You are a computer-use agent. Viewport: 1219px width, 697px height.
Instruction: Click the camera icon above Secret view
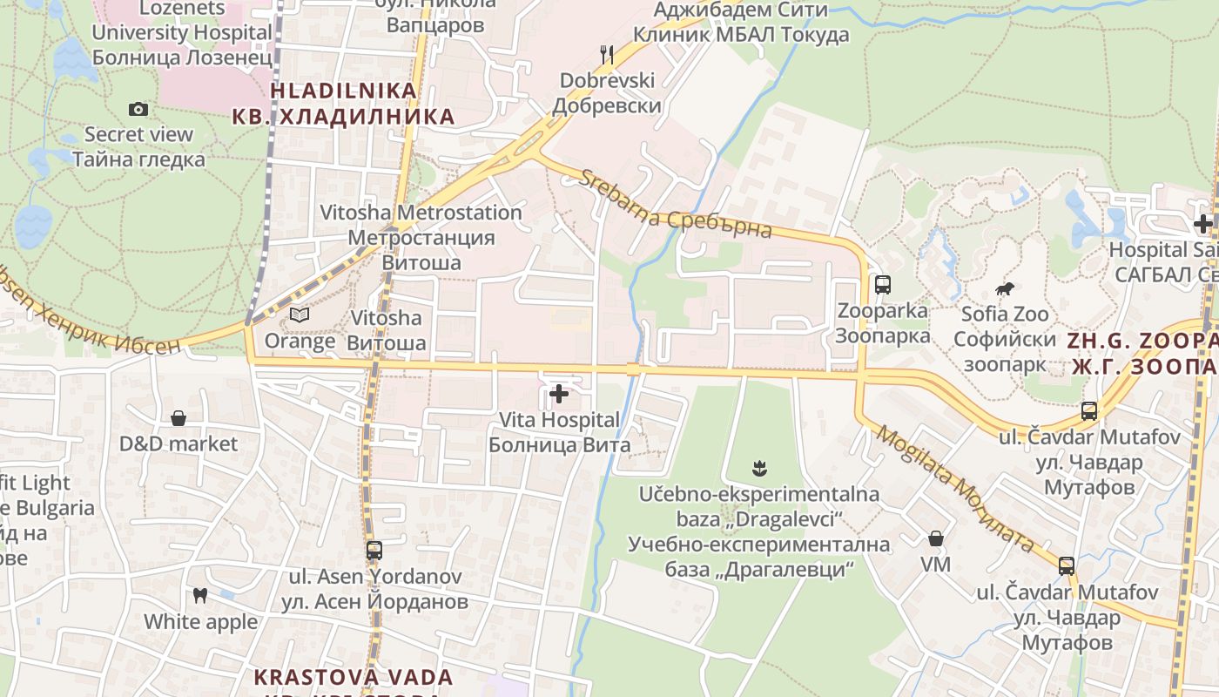(138, 110)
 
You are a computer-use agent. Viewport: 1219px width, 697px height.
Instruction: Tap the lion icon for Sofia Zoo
(1006, 288)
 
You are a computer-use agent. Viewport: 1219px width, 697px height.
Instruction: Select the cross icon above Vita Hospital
(559, 395)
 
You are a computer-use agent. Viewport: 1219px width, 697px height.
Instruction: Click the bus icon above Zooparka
(883, 284)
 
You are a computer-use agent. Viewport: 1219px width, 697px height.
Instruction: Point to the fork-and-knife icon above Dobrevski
(607, 55)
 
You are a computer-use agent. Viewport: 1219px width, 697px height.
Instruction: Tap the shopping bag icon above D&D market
(178, 419)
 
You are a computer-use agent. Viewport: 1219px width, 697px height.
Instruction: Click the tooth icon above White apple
(200, 596)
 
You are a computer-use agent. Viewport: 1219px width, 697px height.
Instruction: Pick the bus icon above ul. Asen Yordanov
(374, 551)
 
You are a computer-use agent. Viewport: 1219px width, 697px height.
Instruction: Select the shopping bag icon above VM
(936, 539)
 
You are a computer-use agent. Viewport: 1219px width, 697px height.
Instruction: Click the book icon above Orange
(300, 315)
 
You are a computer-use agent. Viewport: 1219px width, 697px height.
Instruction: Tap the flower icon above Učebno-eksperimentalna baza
(760, 469)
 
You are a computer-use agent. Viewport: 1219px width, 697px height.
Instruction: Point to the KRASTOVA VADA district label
(353, 677)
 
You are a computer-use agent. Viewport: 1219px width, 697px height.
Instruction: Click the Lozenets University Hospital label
(182, 33)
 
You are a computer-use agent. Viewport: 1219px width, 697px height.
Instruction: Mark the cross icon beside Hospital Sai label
(1203, 223)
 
